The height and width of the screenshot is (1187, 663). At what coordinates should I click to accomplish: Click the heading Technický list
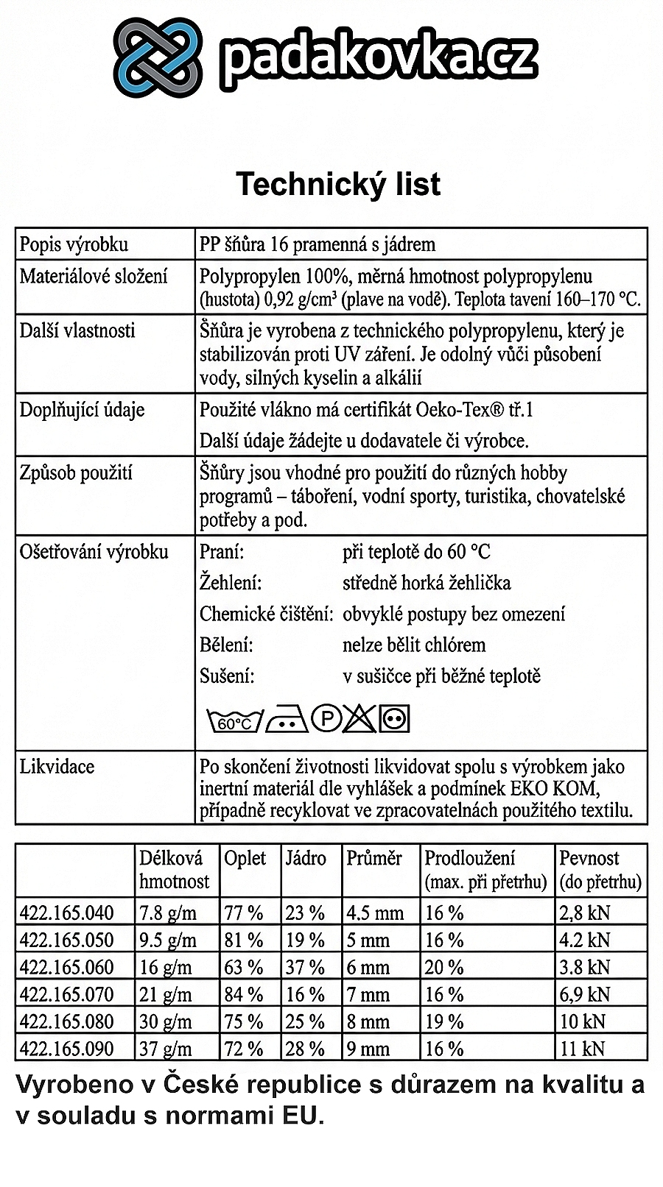pyautogui.click(x=338, y=184)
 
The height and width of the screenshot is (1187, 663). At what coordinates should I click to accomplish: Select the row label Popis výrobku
pyautogui.click(x=74, y=244)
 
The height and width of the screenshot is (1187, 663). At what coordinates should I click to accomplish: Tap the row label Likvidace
pyautogui.click(x=57, y=767)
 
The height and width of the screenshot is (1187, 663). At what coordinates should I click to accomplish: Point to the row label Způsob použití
pyautogui.click(x=76, y=472)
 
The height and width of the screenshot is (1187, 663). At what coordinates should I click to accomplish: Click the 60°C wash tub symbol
pyautogui.click(x=234, y=720)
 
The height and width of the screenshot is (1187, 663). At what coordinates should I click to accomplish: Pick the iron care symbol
pyautogui.click(x=287, y=720)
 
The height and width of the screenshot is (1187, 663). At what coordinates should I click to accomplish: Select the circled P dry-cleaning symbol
pyautogui.click(x=326, y=718)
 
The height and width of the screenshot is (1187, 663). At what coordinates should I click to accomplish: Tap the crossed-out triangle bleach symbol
pyautogui.click(x=359, y=718)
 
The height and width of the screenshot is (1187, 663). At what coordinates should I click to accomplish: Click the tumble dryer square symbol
pyautogui.click(x=394, y=718)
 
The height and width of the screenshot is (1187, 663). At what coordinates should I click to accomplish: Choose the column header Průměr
pyautogui.click(x=374, y=858)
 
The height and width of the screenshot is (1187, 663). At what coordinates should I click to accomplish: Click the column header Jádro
pyautogui.click(x=306, y=858)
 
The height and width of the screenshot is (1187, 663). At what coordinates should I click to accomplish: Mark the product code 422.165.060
pyautogui.click(x=67, y=968)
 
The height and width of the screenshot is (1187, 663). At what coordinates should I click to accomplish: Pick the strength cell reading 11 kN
pyautogui.click(x=582, y=1049)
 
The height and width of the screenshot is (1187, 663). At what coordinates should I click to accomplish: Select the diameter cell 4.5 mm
pyautogui.click(x=375, y=913)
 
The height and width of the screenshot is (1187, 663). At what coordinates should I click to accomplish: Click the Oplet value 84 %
pyautogui.click(x=244, y=995)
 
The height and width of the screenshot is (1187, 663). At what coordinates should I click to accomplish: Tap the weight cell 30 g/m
pyautogui.click(x=166, y=1022)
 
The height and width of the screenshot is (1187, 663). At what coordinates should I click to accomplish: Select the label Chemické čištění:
pyautogui.click(x=267, y=614)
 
